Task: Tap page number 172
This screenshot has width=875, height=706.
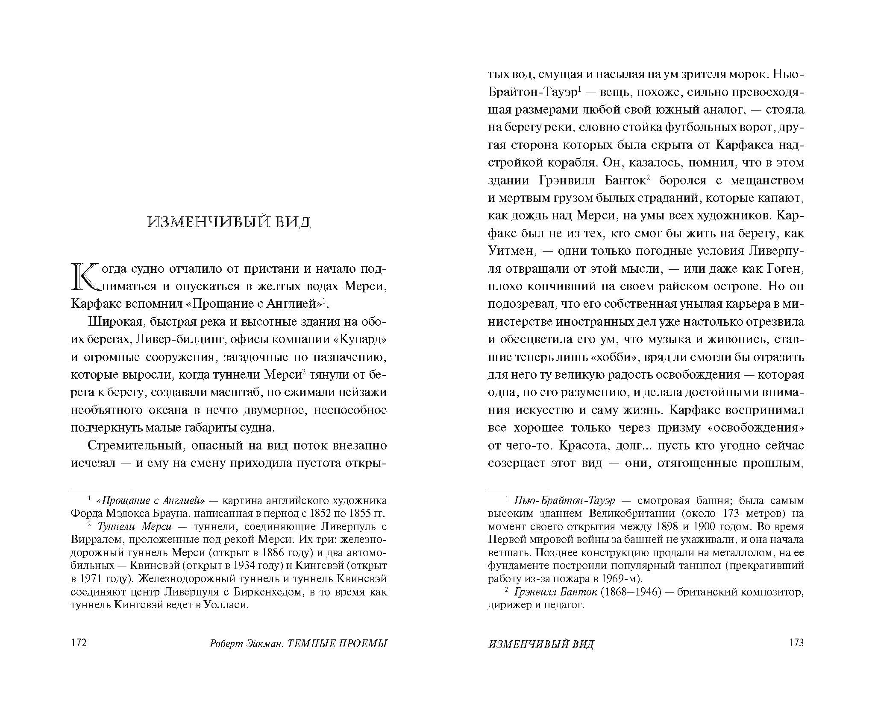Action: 79,643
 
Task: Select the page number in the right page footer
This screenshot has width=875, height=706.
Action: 796,643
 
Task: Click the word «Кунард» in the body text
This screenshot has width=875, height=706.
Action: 361,339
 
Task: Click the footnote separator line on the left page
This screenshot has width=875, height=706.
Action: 101,491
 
